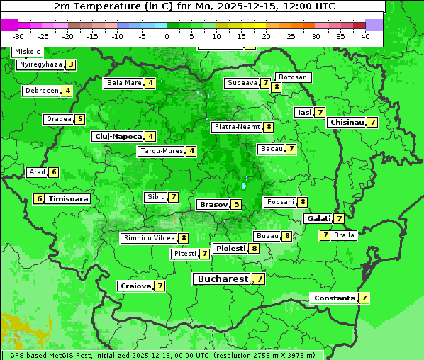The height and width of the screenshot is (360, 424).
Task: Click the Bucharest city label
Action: [223, 279]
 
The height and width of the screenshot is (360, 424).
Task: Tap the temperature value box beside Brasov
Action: [236, 205]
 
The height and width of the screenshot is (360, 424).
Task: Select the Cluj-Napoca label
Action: [117, 136]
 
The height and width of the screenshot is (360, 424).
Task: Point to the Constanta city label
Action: [333, 298]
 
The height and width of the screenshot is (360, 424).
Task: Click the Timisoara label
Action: [69, 199]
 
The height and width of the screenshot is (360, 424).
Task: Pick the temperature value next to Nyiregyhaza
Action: [70, 64]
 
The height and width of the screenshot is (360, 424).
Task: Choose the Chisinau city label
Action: [347, 122]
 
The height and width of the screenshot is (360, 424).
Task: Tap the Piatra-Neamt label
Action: [237, 127]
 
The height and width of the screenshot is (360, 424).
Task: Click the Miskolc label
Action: [28, 52]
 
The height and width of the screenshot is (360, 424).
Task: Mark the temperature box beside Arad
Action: [53, 172]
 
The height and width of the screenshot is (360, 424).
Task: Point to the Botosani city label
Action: [294, 77]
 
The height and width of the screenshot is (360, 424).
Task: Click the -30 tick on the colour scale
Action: [18, 35]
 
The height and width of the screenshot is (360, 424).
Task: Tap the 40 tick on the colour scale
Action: [365, 35]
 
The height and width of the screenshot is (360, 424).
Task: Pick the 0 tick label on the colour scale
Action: [167, 35]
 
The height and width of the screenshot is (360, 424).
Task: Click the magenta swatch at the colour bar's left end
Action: [9, 25]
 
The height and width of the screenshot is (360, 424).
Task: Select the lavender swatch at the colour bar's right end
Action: [374, 25]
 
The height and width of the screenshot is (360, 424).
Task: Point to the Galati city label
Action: [318, 219]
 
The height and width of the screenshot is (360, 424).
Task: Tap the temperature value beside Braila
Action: [325, 235]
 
